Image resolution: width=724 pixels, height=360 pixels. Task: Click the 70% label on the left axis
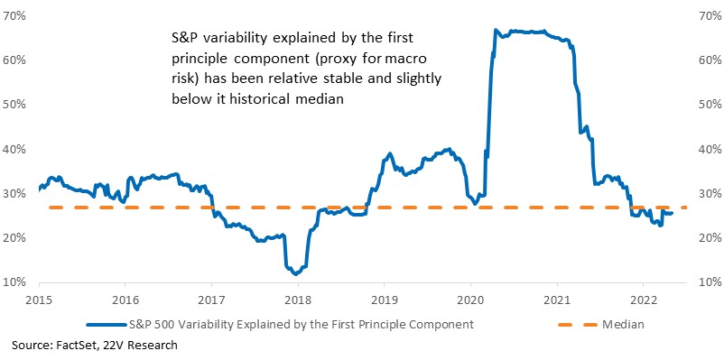[x=14, y=15]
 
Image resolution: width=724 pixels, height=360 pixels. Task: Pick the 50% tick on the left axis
[x=14, y=105]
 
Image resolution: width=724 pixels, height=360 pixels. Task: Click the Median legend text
[x=623, y=325]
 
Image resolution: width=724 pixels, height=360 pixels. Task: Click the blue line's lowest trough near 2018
[x=295, y=274]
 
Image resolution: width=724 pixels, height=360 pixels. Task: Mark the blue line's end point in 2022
[x=672, y=213]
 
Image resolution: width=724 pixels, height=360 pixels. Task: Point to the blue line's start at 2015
[x=39, y=189]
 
